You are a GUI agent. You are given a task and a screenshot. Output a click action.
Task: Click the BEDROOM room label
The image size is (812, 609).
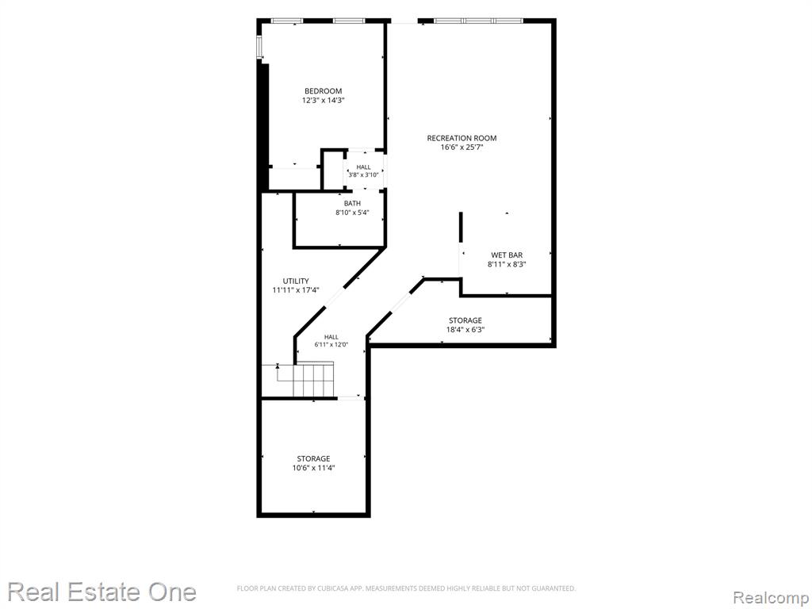pyautogui.click(x=324, y=91)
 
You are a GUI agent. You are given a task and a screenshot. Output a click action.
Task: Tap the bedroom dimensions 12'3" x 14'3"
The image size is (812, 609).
pyautogui.click(x=324, y=101)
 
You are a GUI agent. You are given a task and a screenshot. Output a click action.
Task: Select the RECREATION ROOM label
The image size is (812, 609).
pyautogui.click(x=462, y=138)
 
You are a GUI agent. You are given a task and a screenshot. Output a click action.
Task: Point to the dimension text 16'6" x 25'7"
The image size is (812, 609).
pyautogui.click(x=462, y=147)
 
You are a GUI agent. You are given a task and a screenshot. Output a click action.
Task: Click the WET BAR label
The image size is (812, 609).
pyautogui.click(x=507, y=255)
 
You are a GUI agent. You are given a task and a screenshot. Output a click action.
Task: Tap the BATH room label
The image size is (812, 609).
pyautogui.click(x=352, y=204)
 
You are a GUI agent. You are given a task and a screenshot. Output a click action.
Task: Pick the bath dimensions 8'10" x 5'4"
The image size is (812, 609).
pyautogui.click(x=352, y=213)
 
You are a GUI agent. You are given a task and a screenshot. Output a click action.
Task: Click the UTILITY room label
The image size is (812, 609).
pyautogui.click(x=296, y=282)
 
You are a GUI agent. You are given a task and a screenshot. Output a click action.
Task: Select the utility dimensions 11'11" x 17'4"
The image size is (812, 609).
pyautogui.click(x=296, y=290)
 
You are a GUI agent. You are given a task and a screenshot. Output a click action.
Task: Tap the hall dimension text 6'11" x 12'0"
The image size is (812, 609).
pyautogui.click(x=331, y=344)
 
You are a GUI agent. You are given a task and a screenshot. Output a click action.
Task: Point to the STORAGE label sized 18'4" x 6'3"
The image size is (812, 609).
pyautogui.click(x=465, y=320)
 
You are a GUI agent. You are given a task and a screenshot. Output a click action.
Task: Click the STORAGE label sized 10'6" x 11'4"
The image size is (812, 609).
pyautogui.click(x=313, y=459)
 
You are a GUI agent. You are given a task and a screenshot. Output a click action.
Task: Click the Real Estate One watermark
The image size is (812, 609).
pyautogui.click(x=102, y=592)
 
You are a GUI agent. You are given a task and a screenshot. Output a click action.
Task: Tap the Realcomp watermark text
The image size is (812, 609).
pyautogui.click(x=771, y=598)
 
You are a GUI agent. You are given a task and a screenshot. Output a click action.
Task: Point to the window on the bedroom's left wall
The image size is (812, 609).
pyautogui.click(x=260, y=47)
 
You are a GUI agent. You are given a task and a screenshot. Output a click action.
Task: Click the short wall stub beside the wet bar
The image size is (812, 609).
pyautogui.click(x=461, y=227)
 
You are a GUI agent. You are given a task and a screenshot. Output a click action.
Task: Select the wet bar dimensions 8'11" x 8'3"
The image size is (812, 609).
pyautogui.click(x=507, y=265)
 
